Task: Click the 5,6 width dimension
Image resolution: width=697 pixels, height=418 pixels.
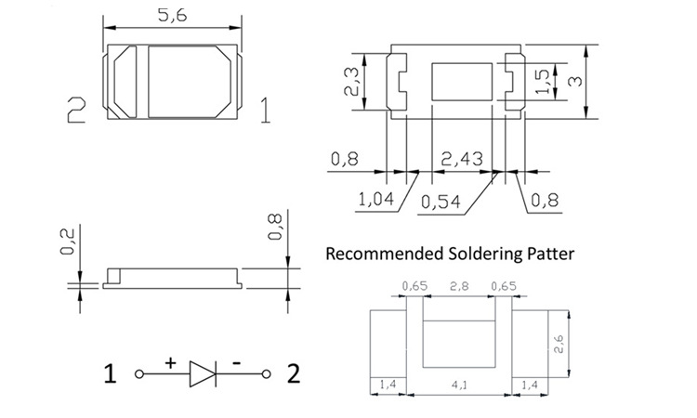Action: coord(173,16)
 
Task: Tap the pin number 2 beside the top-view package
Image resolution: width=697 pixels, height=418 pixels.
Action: coord(76,111)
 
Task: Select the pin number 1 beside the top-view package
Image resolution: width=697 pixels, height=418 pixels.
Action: coord(265,111)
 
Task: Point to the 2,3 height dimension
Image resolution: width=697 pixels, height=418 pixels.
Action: coord(351,81)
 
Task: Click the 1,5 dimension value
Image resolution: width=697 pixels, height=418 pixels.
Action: coord(543,82)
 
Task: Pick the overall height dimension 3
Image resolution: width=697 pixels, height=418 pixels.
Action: coord(575,82)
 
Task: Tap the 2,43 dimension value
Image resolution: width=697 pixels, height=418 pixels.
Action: coord(462,159)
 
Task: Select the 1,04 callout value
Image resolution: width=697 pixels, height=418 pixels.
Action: coord(376,199)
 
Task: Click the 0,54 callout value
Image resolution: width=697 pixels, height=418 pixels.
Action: coord(441,202)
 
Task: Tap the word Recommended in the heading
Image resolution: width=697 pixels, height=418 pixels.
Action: coord(385,254)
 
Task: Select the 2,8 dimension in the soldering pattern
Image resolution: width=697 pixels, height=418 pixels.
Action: coord(459,286)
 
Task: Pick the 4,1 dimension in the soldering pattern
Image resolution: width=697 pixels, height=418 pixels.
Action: coord(459,385)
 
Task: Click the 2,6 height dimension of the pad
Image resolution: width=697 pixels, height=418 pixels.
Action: coord(559,344)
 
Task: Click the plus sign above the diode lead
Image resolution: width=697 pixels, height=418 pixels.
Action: coord(171,363)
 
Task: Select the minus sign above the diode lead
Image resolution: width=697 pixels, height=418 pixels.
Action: coord(237,364)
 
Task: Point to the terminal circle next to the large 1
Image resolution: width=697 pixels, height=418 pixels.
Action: coord(139,374)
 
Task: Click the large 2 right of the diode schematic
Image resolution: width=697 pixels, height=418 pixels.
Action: coord(294,373)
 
